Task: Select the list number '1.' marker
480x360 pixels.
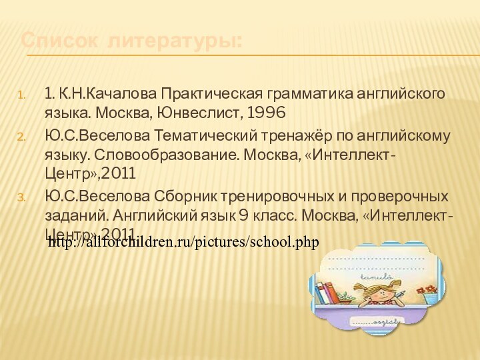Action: pos(22,94)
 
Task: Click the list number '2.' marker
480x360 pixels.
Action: pos(21,137)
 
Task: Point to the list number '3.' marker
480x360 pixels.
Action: pos(21,197)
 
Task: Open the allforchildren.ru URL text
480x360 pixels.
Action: pos(183,241)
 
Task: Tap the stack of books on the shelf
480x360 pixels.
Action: pos(326,293)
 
